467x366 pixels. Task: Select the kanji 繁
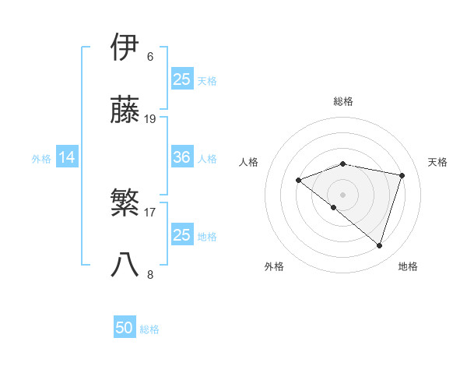click(x=126, y=202)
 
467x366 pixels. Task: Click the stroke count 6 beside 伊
click(x=150, y=57)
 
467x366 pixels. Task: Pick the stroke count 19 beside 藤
click(x=150, y=119)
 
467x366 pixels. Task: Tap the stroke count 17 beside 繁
click(x=150, y=212)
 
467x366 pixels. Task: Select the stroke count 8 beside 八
click(x=150, y=274)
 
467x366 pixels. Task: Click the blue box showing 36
click(x=182, y=158)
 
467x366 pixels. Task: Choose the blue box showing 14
click(x=67, y=158)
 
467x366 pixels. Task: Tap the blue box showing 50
click(x=125, y=329)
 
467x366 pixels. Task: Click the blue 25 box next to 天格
click(x=182, y=79)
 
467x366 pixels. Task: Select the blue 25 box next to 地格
click(x=182, y=235)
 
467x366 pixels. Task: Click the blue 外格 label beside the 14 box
click(x=41, y=159)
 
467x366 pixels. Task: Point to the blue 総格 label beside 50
click(x=149, y=329)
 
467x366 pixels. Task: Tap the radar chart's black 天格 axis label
click(x=437, y=162)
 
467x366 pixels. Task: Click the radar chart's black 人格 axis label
click(x=248, y=162)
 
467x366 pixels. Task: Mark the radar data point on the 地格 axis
click(x=379, y=245)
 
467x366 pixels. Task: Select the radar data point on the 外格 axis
click(x=334, y=207)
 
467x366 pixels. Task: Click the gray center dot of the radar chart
click(x=343, y=194)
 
